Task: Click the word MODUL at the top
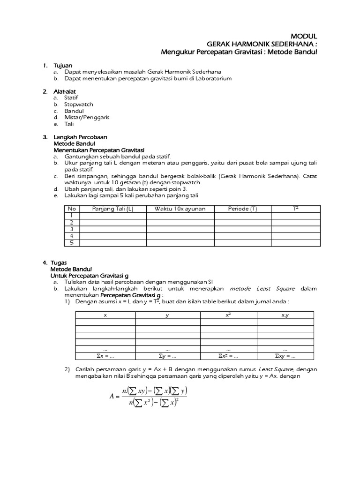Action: pos(304,36)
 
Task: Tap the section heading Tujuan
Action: pos(63,65)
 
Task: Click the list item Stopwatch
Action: pos(79,104)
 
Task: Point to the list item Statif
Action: pos(71,97)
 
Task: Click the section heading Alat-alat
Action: pos(65,91)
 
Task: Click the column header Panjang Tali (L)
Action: pos(112,209)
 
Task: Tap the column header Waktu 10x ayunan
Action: pos(180,209)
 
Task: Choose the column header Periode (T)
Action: pos(242,209)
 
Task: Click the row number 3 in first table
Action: pos(72,229)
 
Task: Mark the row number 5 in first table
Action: pos(72,243)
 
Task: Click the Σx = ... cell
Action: pos(105,356)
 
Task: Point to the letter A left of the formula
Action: pos(112,396)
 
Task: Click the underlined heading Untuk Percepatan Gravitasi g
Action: pos(89,276)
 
